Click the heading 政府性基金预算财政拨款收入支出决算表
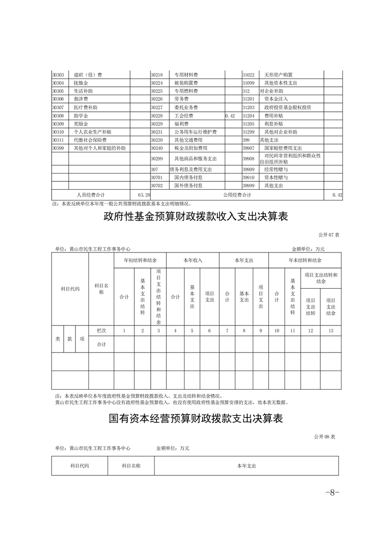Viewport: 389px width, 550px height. (x=195, y=217)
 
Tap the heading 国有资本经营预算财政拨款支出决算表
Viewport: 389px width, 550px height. (x=195, y=419)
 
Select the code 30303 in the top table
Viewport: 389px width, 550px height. (x=58, y=75)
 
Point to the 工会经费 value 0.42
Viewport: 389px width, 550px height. (x=230, y=116)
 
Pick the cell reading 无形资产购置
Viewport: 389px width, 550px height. (x=278, y=75)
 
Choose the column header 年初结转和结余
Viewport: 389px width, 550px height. (x=140, y=260)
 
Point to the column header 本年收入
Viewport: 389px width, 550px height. (x=192, y=260)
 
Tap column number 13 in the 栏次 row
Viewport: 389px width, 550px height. (x=331, y=331)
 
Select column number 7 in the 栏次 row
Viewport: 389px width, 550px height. (x=227, y=331)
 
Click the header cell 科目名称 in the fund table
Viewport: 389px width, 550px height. (x=101, y=289)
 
